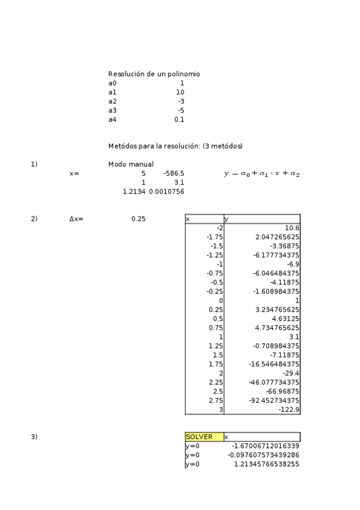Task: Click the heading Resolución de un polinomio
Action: click(x=154, y=74)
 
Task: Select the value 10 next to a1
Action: click(x=180, y=92)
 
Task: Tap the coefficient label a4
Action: click(x=112, y=120)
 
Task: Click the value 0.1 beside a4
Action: click(x=179, y=120)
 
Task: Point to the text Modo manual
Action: click(x=130, y=164)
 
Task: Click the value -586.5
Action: click(x=174, y=173)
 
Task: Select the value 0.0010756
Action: click(x=166, y=191)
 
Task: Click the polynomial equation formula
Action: click(x=261, y=174)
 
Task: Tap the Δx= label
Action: click(x=76, y=219)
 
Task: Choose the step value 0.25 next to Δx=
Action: click(x=138, y=219)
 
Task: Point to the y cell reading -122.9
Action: click(x=289, y=410)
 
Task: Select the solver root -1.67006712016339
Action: click(x=265, y=446)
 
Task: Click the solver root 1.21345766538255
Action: click(x=266, y=464)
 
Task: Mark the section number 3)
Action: click(x=34, y=437)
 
